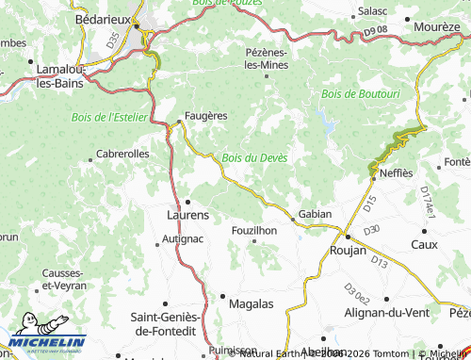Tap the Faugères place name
click(204, 115)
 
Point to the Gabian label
click(315, 214)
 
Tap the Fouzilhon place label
click(255, 230)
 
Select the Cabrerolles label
click(122, 153)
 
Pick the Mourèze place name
click(436, 27)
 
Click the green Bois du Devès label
click(254, 156)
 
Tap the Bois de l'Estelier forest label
click(109, 116)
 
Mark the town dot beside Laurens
click(187, 201)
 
